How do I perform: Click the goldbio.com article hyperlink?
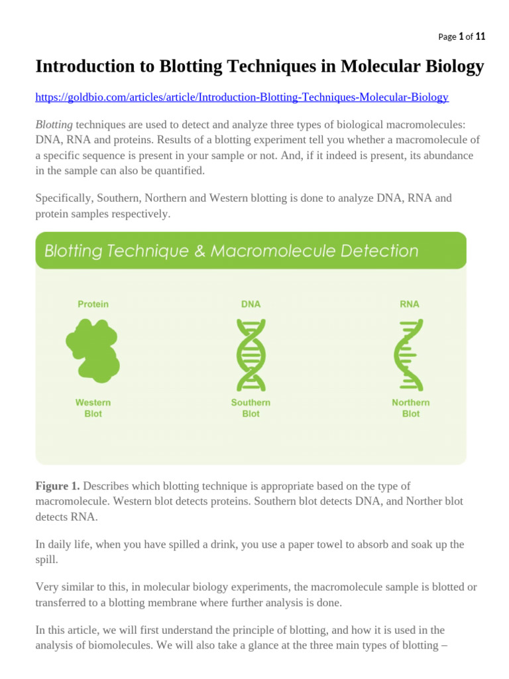[x=242, y=97]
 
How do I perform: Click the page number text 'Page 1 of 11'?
[x=462, y=37]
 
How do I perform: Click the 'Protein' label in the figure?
[x=93, y=304]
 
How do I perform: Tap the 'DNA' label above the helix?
[x=251, y=304]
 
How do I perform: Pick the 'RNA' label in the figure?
[x=410, y=304]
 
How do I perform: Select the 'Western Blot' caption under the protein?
[x=93, y=408]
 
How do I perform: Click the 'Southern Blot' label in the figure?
[x=251, y=408]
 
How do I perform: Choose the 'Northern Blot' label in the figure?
[x=410, y=408]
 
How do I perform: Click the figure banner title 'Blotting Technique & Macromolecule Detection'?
[x=231, y=251]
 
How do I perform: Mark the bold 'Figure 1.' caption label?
[x=58, y=486]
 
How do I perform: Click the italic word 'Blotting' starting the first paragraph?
[x=54, y=125]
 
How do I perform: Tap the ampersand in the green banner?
[x=218, y=251]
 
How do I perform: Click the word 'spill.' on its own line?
[x=46, y=559]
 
